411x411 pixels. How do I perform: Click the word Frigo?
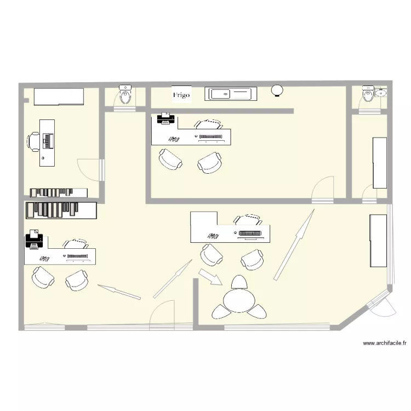click(x=181, y=95)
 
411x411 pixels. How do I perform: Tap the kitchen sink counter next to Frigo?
click(x=229, y=94)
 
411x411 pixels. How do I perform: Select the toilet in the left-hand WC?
click(x=126, y=96)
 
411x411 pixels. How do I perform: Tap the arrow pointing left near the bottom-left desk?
click(x=118, y=292)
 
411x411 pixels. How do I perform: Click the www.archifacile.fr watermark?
click(x=385, y=344)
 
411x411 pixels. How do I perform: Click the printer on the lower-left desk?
click(x=34, y=241)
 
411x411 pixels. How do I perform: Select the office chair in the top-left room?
click(x=33, y=141)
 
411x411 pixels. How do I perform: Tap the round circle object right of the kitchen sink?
click(x=278, y=90)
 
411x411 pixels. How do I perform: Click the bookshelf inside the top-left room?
click(x=59, y=192)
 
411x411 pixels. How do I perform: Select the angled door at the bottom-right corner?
click(x=381, y=305)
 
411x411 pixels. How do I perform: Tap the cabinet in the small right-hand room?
click(x=380, y=163)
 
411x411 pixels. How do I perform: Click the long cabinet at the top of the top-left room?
click(x=59, y=96)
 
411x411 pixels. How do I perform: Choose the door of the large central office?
click(x=322, y=188)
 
